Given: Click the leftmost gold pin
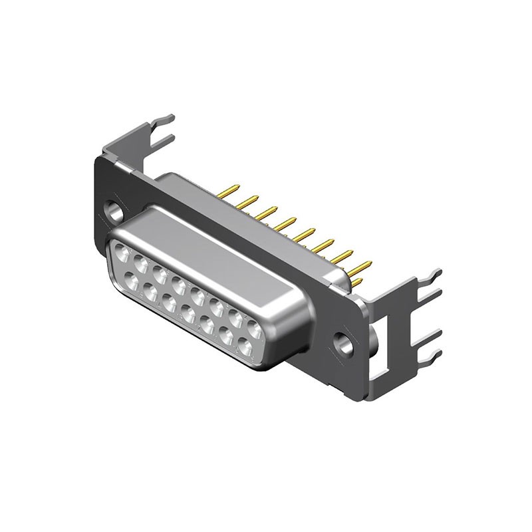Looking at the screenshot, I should coord(228,191).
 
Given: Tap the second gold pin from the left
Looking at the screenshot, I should coord(247,201).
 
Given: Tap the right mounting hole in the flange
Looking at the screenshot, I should coord(344,344).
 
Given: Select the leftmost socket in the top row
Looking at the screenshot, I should coord(122,253).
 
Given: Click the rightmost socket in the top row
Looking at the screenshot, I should coord(254,328).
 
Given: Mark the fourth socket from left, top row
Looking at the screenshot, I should coord(178,285).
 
